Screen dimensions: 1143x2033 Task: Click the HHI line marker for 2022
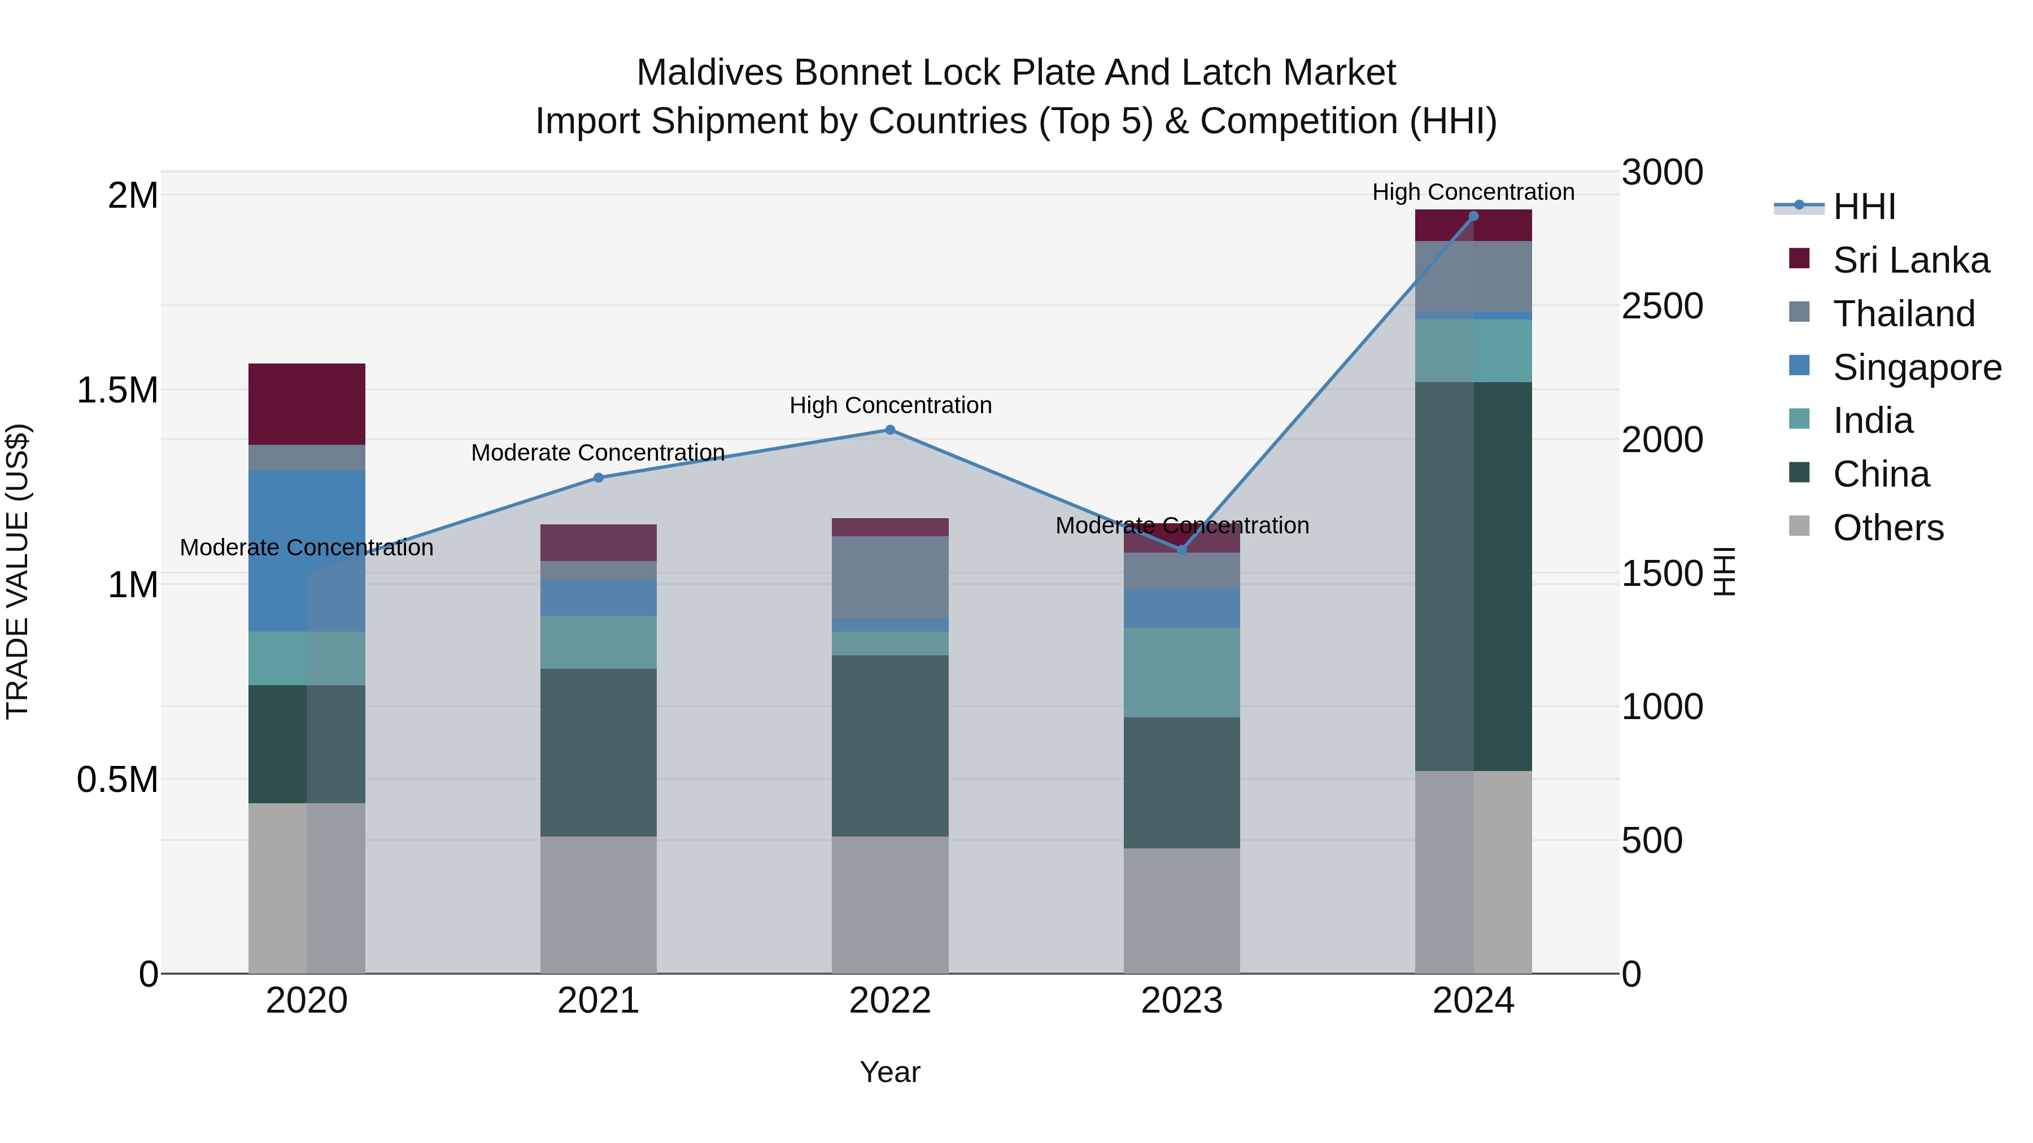(889, 430)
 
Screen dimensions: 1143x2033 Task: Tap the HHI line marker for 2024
(1473, 216)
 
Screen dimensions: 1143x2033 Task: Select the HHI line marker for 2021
(598, 477)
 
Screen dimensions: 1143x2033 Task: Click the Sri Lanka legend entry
(1910, 260)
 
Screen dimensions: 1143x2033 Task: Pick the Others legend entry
(1888, 528)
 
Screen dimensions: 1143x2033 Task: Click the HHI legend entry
(1864, 207)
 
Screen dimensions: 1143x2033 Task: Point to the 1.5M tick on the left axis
(117, 389)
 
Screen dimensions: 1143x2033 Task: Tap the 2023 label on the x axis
(1181, 1001)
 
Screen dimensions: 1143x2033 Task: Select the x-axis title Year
(889, 1072)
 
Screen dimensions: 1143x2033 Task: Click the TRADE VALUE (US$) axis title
(18, 571)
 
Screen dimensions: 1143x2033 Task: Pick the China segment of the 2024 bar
(1473, 576)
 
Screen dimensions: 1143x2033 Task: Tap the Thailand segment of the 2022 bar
(889, 577)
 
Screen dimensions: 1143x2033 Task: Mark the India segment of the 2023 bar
(1181, 672)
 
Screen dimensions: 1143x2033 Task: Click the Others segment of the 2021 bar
(598, 904)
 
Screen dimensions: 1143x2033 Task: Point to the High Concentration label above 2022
(890, 405)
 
